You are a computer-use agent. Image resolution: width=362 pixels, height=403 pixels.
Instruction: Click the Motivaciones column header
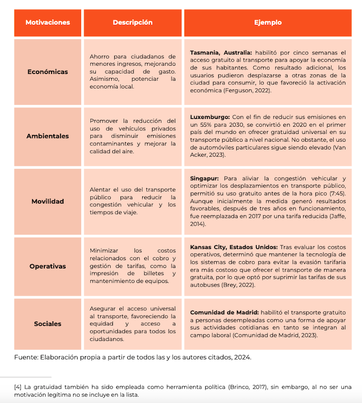(48, 23)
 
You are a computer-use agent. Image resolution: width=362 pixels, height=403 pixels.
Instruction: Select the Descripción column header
(132, 23)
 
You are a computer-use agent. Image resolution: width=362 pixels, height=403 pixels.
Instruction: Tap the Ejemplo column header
(268, 23)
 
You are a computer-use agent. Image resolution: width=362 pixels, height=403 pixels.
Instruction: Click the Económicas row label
(48, 72)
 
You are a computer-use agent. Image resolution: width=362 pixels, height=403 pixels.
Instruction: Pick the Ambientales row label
(48, 136)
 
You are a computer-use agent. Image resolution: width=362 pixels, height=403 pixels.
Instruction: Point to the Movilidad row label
(48, 201)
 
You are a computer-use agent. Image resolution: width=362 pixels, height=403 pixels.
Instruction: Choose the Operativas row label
(48, 266)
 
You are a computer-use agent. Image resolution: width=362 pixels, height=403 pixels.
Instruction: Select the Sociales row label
(48, 324)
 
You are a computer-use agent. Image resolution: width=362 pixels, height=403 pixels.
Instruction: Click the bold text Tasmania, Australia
(221, 53)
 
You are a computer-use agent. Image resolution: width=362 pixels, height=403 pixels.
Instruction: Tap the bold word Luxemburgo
(210, 117)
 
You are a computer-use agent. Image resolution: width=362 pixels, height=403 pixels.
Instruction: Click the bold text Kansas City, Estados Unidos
(234, 247)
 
